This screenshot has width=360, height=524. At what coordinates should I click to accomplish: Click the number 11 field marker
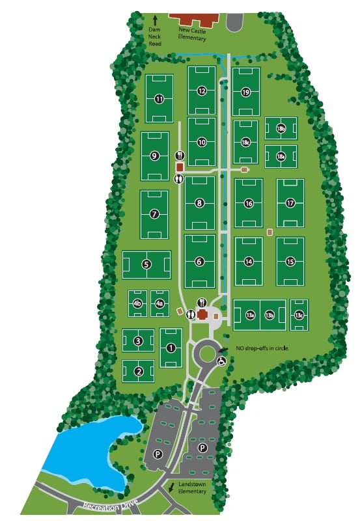[159, 99]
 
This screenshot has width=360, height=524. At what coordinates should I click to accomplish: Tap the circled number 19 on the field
[245, 92]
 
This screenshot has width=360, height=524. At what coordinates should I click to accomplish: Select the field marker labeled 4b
[137, 303]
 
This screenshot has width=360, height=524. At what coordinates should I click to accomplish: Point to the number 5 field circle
[146, 264]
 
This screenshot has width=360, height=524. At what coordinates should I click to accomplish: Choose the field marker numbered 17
[290, 203]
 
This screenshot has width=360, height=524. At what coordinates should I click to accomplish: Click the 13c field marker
[299, 315]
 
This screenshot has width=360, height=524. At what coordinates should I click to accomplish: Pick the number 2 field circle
[139, 372]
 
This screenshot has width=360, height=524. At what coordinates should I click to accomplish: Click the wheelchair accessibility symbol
[222, 361]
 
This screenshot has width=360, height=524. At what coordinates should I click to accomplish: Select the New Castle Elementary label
[193, 34]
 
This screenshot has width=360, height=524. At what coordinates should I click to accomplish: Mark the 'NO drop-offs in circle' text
[262, 348]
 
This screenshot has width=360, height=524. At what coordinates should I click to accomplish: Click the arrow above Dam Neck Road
[155, 21]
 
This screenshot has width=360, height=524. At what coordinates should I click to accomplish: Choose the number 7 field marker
[154, 214]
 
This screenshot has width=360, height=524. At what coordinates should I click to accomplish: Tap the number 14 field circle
[248, 261]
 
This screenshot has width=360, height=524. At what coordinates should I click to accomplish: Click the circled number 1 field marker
[171, 348]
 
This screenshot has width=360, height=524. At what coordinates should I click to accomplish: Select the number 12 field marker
[202, 91]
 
